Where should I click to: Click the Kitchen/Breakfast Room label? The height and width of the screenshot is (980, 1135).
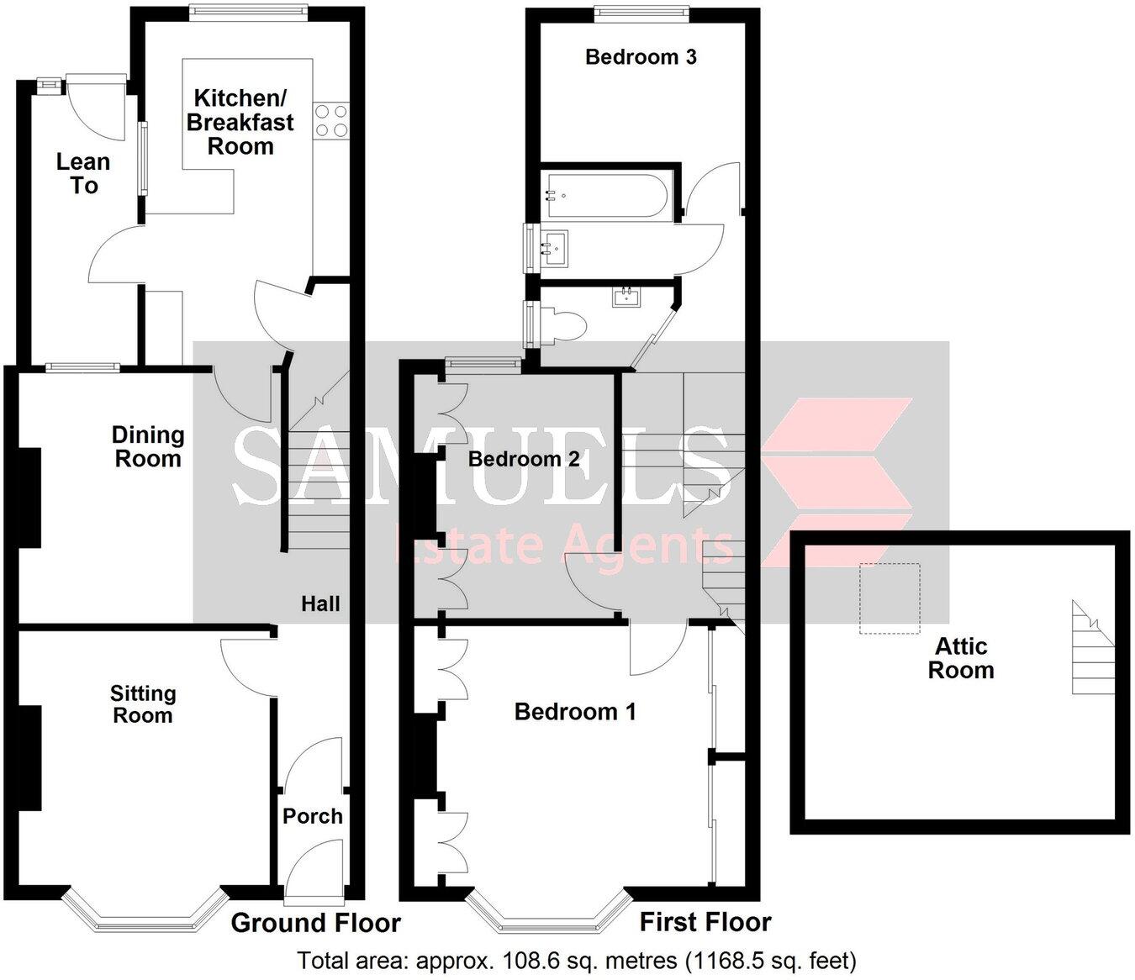[240, 122]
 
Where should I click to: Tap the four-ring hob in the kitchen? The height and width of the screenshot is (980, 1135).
[330, 120]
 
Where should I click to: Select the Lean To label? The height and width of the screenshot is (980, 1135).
[83, 173]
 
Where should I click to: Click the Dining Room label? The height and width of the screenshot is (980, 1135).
[148, 446]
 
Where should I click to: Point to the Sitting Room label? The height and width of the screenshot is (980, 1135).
[143, 704]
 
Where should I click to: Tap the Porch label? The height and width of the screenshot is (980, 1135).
[313, 816]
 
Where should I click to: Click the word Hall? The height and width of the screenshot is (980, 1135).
[321, 603]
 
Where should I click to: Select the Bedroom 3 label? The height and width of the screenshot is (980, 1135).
[641, 57]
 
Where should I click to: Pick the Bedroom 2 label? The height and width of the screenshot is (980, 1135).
[524, 459]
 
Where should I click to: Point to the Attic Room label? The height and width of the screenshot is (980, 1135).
[961, 658]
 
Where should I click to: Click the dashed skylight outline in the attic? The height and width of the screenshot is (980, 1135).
[890, 598]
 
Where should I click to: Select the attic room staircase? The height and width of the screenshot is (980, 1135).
[1091, 648]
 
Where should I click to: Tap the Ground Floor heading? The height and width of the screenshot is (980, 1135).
[315, 923]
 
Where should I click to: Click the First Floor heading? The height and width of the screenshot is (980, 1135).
[705, 922]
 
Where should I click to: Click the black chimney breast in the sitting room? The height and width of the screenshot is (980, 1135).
[29, 757]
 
